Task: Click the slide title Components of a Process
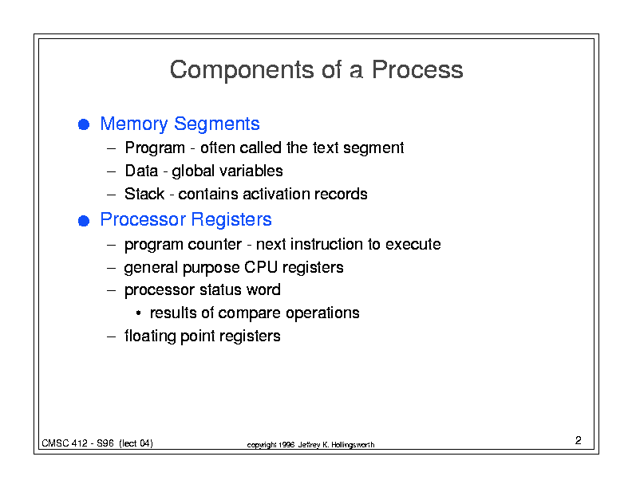[x=317, y=69]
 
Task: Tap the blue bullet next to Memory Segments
[x=84, y=124]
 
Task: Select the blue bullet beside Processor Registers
[x=84, y=221]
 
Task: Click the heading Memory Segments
[x=180, y=124]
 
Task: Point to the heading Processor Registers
[x=186, y=220]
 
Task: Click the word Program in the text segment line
[x=155, y=148]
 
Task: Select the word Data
[x=141, y=171]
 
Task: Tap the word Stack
[x=144, y=194]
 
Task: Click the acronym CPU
[x=260, y=267]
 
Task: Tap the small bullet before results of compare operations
[x=138, y=313]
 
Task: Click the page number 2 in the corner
[x=578, y=440]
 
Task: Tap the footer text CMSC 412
[x=65, y=443]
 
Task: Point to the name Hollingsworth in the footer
[x=353, y=445]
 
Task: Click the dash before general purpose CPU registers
[x=112, y=268]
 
